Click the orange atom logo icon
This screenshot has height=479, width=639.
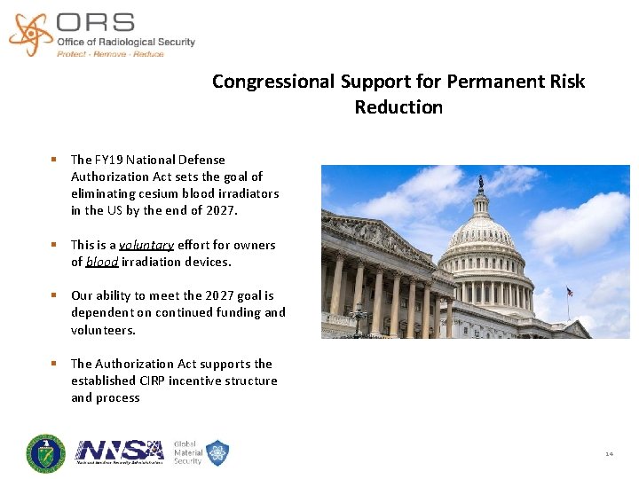pyautogui.click(x=30, y=33)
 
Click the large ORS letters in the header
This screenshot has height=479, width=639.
pyautogui.click(x=95, y=22)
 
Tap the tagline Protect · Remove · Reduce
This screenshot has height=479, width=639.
pyautogui.click(x=110, y=54)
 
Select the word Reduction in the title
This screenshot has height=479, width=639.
pyautogui.click(x=398, y=107)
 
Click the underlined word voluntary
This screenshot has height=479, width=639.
pyautogui.click(x=146, y=245)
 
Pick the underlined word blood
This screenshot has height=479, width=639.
pyautogui.click(x=102, y=262)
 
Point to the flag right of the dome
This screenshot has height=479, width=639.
pyautogui.click(x=569, y=292)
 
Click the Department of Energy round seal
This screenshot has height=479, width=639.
pyautogui.click(x=45, y=454)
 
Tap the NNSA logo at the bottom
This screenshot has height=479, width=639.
pyautogui.click(x=120, y=452)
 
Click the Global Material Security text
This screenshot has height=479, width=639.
pyautogui.click(x=187, y=452)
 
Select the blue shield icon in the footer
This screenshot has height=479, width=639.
pyautogui.click(x=217, y=452)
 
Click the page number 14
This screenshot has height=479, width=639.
pyautogui.click(x=609, y=453)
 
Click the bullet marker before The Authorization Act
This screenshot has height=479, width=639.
pyautogui.click(x=54, y=364)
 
